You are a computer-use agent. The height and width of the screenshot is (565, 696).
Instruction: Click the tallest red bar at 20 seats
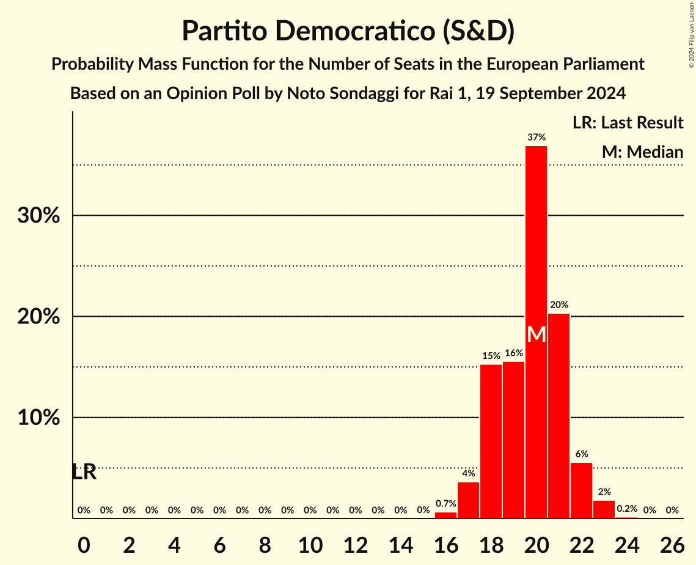pyautogui.click(x=536, y=245)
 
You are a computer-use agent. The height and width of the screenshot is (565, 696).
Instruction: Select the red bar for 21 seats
pyautogui.click(x=559, y=416)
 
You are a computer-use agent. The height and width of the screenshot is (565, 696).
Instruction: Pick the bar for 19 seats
pyautogui.click(x=513, y=440)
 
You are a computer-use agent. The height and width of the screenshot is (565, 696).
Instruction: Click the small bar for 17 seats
pyautogui.click(x=468, y=500)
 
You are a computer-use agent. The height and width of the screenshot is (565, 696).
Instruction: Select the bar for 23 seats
pyautogui.click(x=604, y=509)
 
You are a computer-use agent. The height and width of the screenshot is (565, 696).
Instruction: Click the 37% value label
pyautogui.click(x=536, y=138)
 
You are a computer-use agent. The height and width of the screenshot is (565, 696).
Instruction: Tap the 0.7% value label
pyautogui.click(x=445, y=504)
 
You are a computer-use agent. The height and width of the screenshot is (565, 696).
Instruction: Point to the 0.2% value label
pyautogui.click(x=626, y=509)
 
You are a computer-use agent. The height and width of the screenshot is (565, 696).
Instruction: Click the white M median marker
pyautogui.click(x=536, y=334)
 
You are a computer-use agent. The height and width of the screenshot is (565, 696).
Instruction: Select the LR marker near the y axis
pyautogui.click(x=84, y=472)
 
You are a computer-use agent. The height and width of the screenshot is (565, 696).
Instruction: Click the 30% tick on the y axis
pyautogui.click(x=38, y=216)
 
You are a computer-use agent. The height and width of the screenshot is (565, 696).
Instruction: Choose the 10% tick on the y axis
pyautogui.click(x=38, y=418)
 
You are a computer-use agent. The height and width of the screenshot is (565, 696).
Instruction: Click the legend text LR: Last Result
pyautogui.click(x=628, y=123)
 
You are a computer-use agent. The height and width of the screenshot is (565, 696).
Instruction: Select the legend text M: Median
pyautogui.click(x=642, y=152)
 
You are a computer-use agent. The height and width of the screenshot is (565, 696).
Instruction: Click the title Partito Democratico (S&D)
pyautogui.click(x=348, y=31)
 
